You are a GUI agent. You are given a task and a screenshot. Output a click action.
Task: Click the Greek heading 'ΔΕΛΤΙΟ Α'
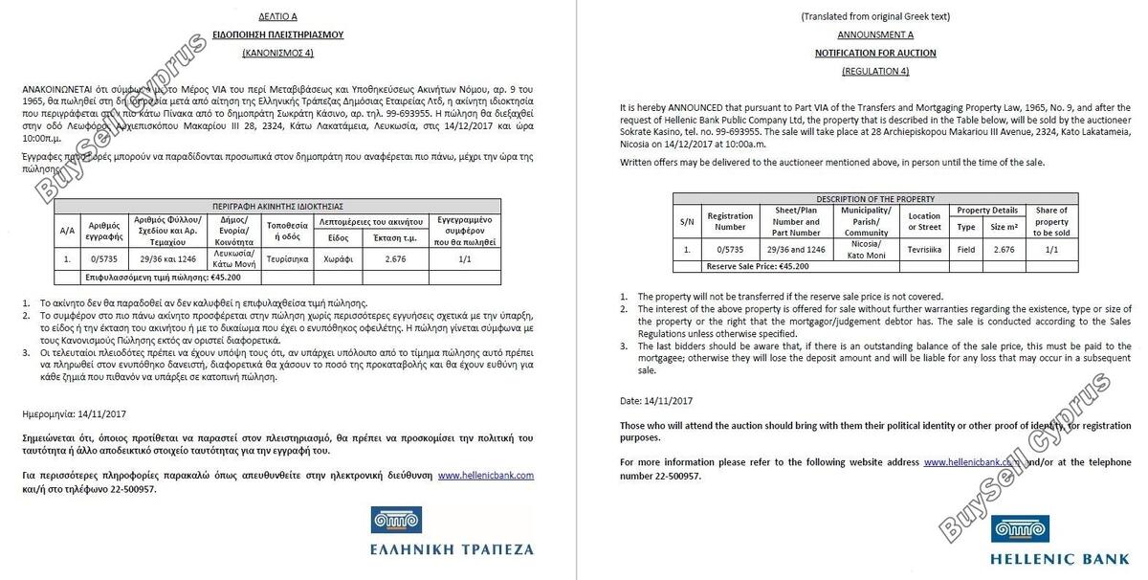277,16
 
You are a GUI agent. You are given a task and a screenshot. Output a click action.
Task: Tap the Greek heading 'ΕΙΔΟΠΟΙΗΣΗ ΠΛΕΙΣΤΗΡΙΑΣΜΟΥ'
277,34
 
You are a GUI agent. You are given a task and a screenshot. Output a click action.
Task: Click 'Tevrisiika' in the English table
924,250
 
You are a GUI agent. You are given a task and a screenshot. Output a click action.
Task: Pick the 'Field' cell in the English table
966,250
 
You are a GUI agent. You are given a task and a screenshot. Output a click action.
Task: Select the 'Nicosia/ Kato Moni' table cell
866,250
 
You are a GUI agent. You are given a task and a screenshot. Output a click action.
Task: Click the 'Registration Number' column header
730,221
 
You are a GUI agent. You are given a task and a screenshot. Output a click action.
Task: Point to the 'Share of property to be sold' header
1051,221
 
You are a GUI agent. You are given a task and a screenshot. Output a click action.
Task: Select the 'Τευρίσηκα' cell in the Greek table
286,258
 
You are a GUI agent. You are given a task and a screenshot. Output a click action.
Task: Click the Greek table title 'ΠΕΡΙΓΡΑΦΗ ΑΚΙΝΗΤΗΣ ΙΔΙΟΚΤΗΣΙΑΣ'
277,206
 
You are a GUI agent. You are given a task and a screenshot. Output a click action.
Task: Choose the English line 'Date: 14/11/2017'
656,400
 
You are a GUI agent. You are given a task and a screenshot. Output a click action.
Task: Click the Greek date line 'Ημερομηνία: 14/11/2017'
74,414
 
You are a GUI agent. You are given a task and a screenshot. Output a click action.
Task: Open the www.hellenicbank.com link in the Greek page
485,475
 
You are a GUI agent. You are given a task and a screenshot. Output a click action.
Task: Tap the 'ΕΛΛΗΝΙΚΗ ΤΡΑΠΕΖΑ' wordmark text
452,549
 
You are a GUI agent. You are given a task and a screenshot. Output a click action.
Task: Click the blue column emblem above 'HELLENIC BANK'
1020,528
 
